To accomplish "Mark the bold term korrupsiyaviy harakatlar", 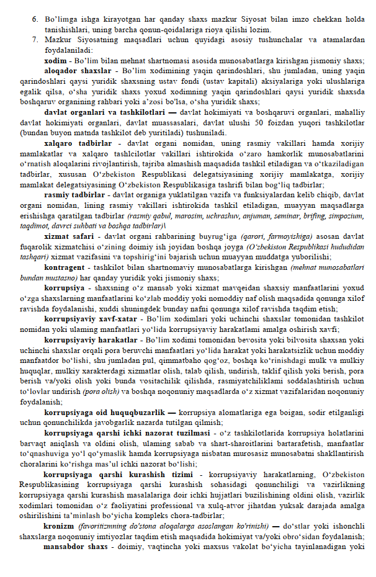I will [91, 340].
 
